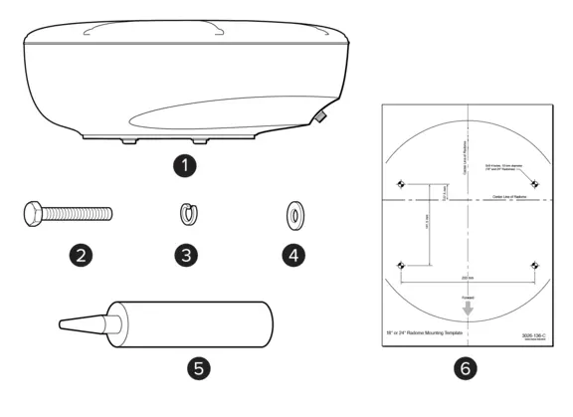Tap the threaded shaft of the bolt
80,212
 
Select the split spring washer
184,212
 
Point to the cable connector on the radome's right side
321,117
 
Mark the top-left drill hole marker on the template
400,183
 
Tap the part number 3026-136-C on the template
533,336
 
